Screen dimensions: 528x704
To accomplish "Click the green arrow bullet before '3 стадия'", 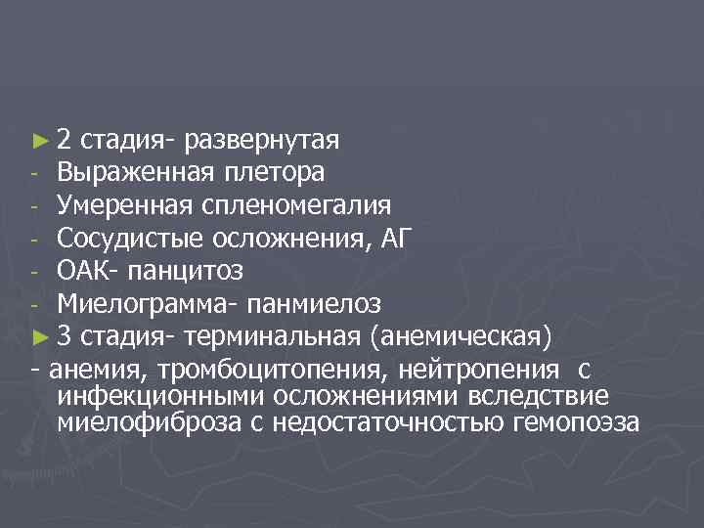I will coord(39,337).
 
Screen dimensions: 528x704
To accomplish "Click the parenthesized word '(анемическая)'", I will coord(462,337).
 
